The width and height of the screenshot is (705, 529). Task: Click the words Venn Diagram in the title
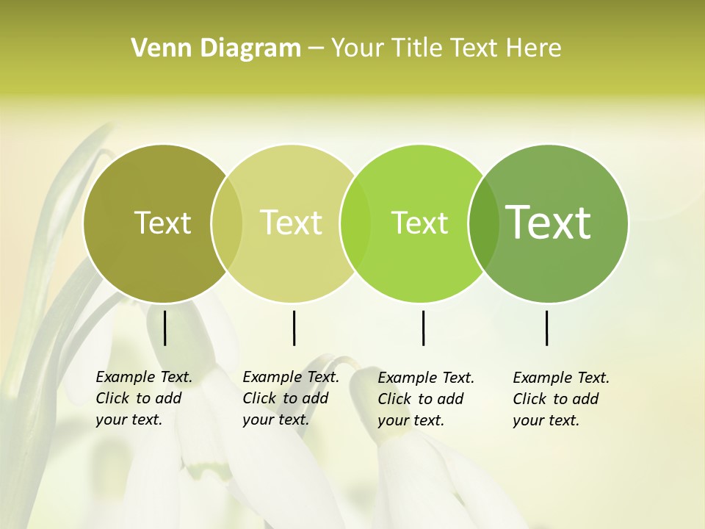point(216,48)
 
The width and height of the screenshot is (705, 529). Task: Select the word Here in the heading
point(533,48)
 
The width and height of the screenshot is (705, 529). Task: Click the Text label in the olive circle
point(162,223)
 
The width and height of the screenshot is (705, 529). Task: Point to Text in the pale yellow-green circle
point(291,223)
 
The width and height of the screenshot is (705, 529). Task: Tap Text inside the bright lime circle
point(419,223)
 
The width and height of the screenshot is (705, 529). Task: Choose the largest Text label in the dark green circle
point(548,222)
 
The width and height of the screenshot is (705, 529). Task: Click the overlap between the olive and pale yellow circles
point(227,223)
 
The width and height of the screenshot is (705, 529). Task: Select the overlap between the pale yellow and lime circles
point(355,223)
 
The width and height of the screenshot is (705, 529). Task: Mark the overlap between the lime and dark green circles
point(483,223)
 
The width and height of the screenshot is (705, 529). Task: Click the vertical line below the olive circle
point(164,328)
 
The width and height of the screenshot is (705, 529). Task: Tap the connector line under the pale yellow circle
point(294,328)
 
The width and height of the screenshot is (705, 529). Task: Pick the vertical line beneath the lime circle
point(423,328)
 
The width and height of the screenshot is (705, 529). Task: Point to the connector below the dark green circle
point(546,328)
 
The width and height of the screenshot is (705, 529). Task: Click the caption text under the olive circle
point(143,398)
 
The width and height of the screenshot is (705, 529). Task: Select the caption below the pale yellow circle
point(290,398)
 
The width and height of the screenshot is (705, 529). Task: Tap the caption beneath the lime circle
point(425,399)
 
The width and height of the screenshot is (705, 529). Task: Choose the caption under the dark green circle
point(560,399)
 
